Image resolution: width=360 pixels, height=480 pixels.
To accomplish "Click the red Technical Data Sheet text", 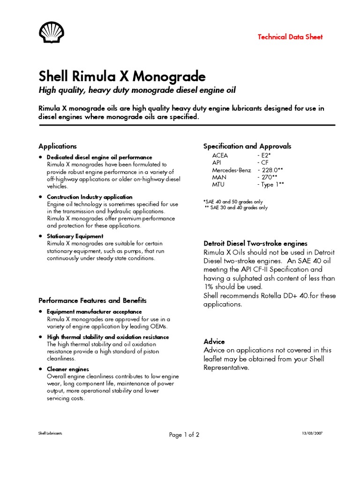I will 290,37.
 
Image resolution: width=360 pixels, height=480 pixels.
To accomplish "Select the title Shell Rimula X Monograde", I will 122,76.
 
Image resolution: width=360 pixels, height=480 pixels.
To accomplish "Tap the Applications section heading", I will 58,146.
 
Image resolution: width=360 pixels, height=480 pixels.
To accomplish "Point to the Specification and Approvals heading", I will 247,146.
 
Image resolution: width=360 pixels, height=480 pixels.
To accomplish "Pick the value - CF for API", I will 262,162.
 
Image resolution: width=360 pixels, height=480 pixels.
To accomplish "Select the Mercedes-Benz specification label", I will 232,170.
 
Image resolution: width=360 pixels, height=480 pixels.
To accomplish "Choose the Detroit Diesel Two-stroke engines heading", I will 255,244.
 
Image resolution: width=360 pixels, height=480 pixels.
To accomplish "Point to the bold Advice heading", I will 214,341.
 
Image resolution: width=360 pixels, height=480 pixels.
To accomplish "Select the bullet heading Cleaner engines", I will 68,369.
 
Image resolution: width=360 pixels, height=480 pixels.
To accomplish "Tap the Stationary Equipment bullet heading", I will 75,236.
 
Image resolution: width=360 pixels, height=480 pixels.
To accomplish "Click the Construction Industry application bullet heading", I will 90,197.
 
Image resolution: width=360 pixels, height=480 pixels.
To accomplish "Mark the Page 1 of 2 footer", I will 184,435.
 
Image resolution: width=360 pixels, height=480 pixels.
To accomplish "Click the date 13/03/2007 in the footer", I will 312,433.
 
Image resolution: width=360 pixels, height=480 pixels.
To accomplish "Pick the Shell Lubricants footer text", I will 50,433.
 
